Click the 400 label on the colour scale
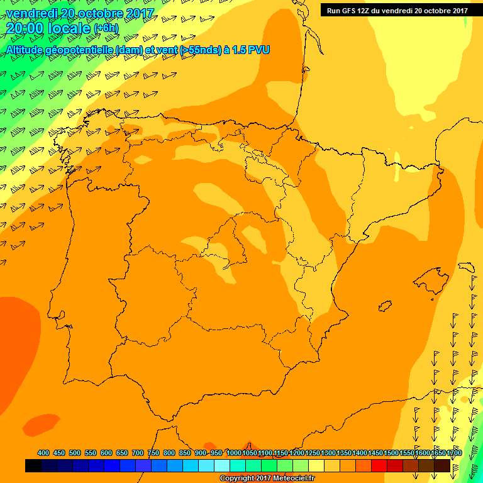43,453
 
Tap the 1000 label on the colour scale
234,453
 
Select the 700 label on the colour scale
138,453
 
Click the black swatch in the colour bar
33,466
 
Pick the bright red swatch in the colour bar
379,466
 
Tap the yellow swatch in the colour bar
316,466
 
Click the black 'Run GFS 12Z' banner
397,10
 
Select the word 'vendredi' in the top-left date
28,13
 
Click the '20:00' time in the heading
25,28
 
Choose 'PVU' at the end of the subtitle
259,50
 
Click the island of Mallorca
431,277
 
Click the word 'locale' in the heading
69,28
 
